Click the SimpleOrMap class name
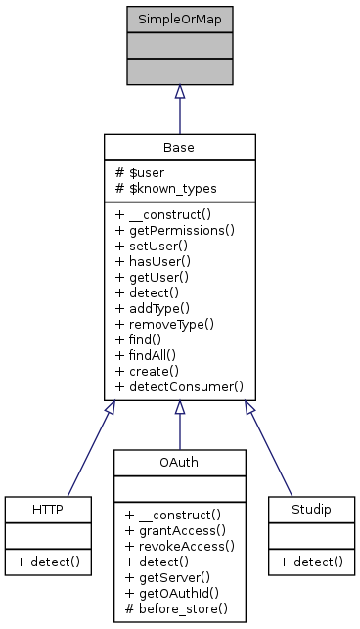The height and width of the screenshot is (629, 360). pyautogui.click(x=179, y=20)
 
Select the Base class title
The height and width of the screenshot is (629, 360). pyautogui.click(x=179, y=148)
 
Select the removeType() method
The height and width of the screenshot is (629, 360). pyautogui.click(x=164, y=324)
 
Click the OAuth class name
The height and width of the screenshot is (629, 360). pyautogui.click(x=179, y=461)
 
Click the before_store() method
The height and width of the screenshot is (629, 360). pyautogui.click(x=176, y=607)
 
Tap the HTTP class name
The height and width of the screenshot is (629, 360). pyautogui.click(x=48, y=510)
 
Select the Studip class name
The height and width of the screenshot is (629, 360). pyautogui.click(x=310, y=510)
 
